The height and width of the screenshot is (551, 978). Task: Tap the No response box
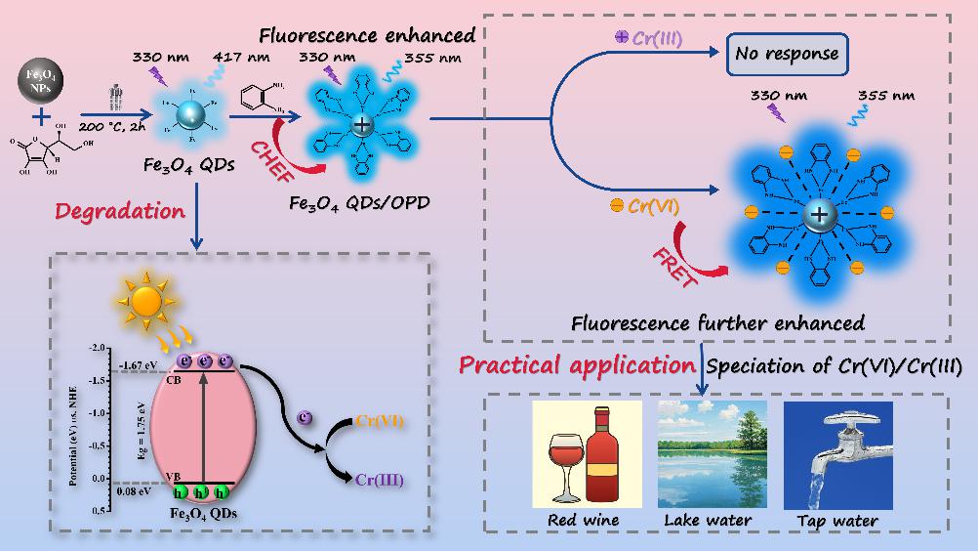point(786,53)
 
